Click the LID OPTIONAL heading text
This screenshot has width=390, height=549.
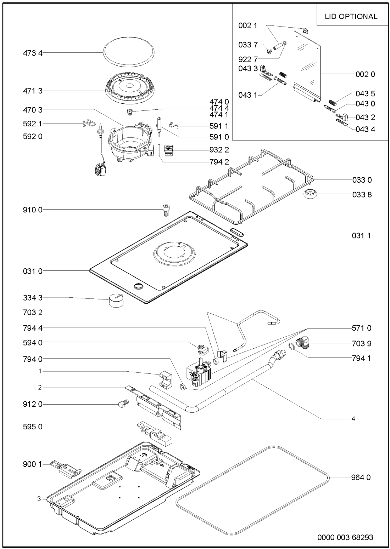[x=351, y=16]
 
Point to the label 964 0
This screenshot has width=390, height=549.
[x=361, y=477]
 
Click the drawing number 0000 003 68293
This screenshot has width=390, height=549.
[x=345, y=537]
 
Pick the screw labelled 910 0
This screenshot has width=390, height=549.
[x=165, y=210]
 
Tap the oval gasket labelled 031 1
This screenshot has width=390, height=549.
[x=237, y=232]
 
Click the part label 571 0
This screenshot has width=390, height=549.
[x=361, y=328]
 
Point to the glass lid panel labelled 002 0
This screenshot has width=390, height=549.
[x=307, y=65]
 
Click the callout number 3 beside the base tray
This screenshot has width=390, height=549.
[x=39, y=499]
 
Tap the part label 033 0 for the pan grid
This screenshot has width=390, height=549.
[x=362, y=180]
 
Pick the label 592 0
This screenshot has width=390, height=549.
[x=33, y=136]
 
